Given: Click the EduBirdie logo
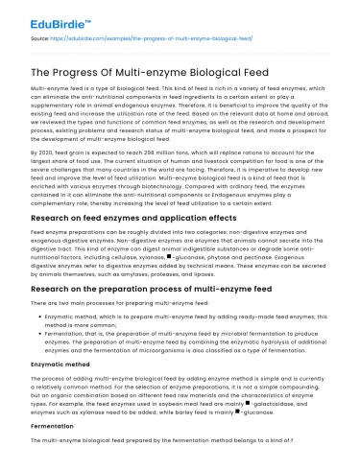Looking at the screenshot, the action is click(x=43, y=15).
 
